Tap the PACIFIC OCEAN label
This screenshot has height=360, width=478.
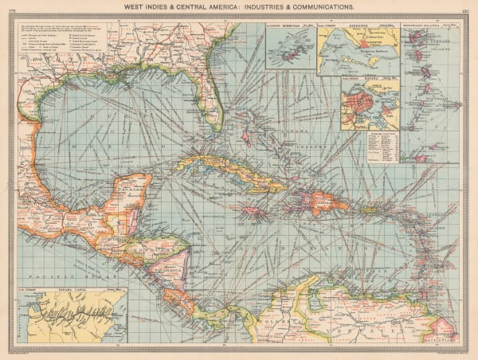56,273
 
